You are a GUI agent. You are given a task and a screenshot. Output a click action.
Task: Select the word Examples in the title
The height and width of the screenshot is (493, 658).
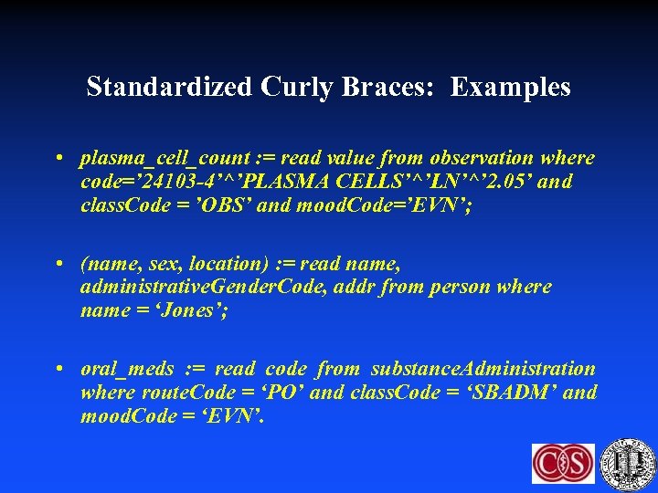point(511,87)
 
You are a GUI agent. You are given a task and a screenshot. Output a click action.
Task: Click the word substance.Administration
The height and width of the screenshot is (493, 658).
point(483,369)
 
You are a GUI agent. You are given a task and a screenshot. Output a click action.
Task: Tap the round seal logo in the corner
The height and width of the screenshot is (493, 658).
point(630,463)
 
